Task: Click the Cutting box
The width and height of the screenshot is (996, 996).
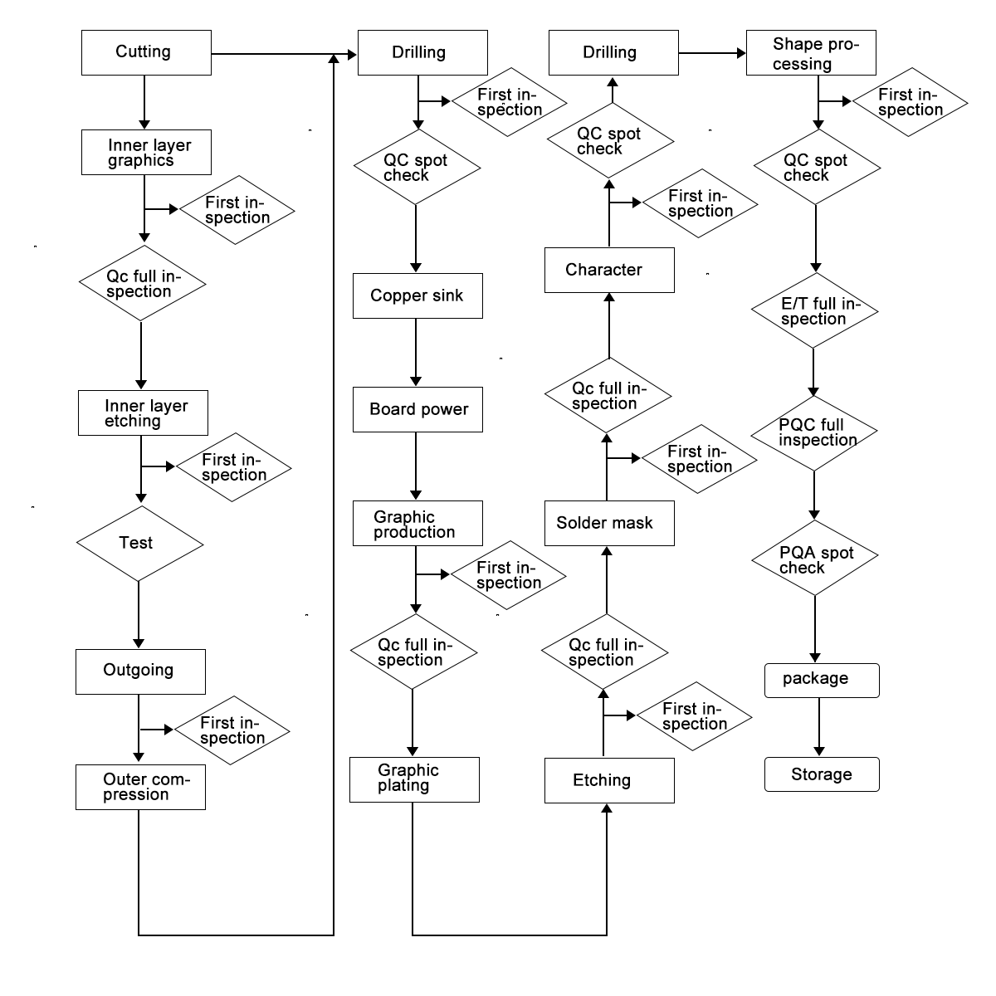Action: (146, 52)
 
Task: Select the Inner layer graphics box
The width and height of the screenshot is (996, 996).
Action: (146, 152)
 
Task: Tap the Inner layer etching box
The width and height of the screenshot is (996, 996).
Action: (143, 413)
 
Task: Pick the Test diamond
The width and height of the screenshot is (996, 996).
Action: (139, 544)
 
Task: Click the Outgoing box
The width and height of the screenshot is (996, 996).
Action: (140, 671)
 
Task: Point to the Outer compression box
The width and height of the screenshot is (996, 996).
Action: (140, 787)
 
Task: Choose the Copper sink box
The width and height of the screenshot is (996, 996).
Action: (417, 295)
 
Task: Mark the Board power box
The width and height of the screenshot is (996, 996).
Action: (417, 409)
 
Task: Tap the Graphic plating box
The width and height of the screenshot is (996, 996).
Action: (414, 779)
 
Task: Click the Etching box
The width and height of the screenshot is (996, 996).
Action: (609, 780)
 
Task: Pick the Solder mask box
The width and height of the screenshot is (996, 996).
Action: (609, 523)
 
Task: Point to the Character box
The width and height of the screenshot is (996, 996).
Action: (609, 270)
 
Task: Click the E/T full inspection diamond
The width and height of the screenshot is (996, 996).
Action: (814, 311)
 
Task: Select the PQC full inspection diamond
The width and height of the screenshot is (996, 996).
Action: (814, 432)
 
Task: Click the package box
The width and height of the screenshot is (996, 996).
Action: (821, 680)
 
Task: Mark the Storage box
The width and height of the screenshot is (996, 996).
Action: (821, 774)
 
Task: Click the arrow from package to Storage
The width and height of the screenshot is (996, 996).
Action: (819, 727)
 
